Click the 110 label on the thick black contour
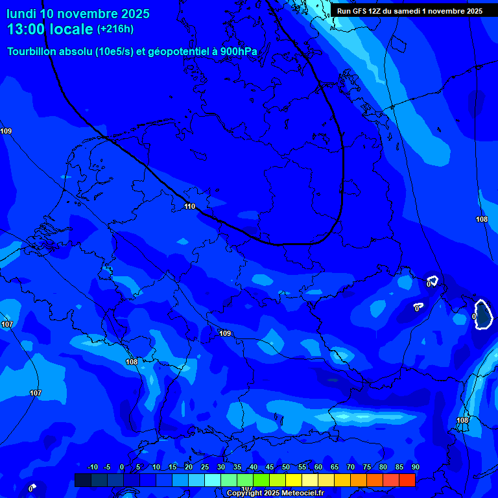click(x=189, y=206)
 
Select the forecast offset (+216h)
click(x=115, y=29)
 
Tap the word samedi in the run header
click(x=407, y=11)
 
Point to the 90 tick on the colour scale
click(x=415, y=468)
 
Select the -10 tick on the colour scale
click(x=93, y=468)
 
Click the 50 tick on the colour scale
click(x=286, y=468)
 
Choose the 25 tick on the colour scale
click(x=205, y=468)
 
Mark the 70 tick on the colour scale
click(x=351, y=468)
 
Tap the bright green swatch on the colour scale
click(x=261, y=480)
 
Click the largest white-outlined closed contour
click(x=482, y=314)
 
